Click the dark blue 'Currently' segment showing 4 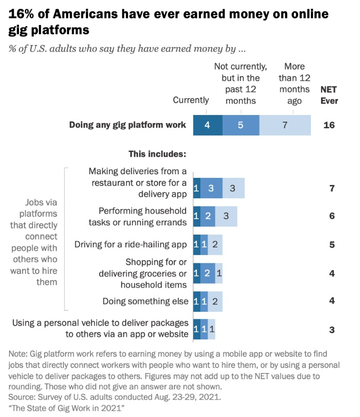(x=208, y=125)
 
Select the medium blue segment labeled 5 (x=241, y=125)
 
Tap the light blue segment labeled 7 (x=285, y=125)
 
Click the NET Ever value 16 (x=329, y=125)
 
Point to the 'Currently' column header (x=191, y=100)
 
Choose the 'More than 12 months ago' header (x=294, y=83)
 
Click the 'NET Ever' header (x=329, y=95)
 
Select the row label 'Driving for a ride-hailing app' (x=131, y=244)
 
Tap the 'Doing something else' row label (x=145, y=301)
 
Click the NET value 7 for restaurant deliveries (x=332, y=189)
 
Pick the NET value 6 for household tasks (x=332, y=216)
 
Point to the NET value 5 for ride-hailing (x=332, y=244)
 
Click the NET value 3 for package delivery (x=332, y=330)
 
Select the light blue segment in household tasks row (x=226, y=216)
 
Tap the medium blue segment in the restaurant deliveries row (x=211, y=189)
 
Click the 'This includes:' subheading (x=157, y=153)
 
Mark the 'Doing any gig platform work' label (x=127, y=125)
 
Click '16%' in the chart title (x=22, y=14)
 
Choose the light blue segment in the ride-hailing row (x=215, y=244)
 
